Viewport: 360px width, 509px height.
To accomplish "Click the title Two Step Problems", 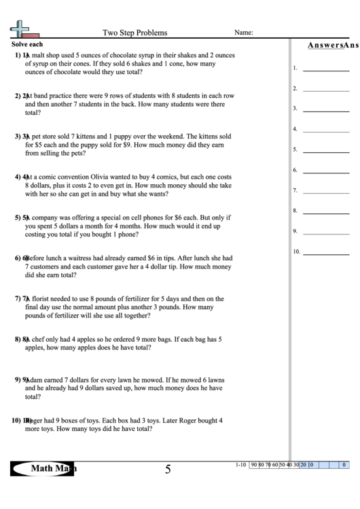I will (x=134, y=32).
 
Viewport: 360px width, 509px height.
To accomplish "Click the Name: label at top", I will (x=244, y=32).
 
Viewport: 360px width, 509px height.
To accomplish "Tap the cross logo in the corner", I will (x=21, y=29).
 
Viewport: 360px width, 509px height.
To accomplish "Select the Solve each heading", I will (x=26, y=43).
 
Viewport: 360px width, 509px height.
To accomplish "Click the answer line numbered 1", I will (x=325, y=69).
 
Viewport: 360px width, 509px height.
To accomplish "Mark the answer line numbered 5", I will (x=325, y=151).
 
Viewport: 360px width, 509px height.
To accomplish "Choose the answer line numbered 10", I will (x=325, y=253).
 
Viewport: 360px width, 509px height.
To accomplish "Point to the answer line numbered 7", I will (x=325, y=192).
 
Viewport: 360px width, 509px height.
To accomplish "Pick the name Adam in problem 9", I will (x=38, y=380).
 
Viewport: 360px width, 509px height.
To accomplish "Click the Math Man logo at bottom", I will (x=43, y=469).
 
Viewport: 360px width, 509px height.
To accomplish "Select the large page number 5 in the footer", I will (x=168, y=469).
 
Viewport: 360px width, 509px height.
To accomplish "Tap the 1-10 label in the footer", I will (x=240, y=466).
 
